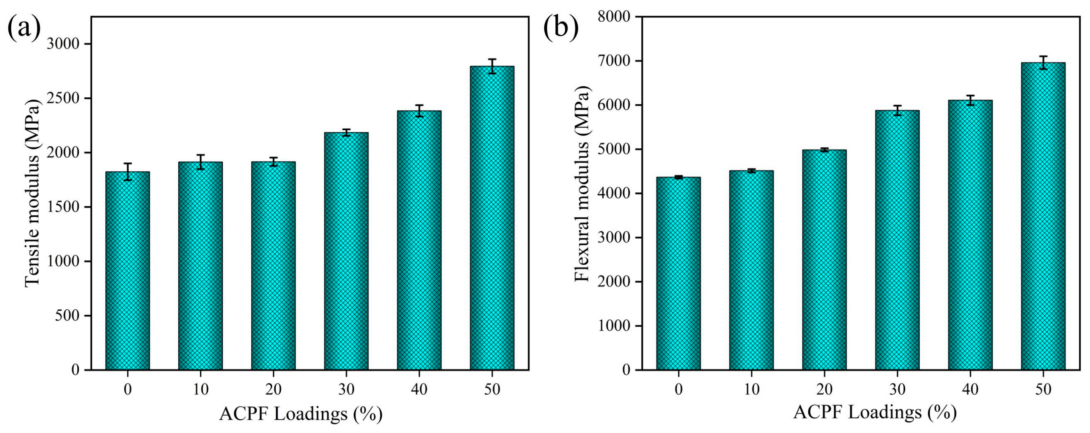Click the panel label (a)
point(24,28)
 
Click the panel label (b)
point(561,28)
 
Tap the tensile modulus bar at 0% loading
point(127,271)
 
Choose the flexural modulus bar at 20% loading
point(824,260)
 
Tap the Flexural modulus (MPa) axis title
point(582,183)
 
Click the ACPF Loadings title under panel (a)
point(301,414)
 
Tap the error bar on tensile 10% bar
point(200,162)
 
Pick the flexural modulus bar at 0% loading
point(678,273)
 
